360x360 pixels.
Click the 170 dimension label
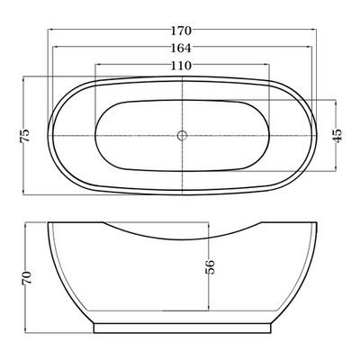coord(181,31)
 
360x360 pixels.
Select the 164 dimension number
coord(181,48)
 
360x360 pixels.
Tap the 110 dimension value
coord(181,66)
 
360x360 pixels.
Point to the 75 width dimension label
coord(25,136)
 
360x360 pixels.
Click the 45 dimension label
coord(337,136)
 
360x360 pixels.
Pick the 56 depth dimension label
coord(210,267)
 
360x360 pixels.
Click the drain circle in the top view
coord(182,135)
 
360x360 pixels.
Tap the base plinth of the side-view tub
coord(183,328)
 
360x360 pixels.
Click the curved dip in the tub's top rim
coord(183,239)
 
